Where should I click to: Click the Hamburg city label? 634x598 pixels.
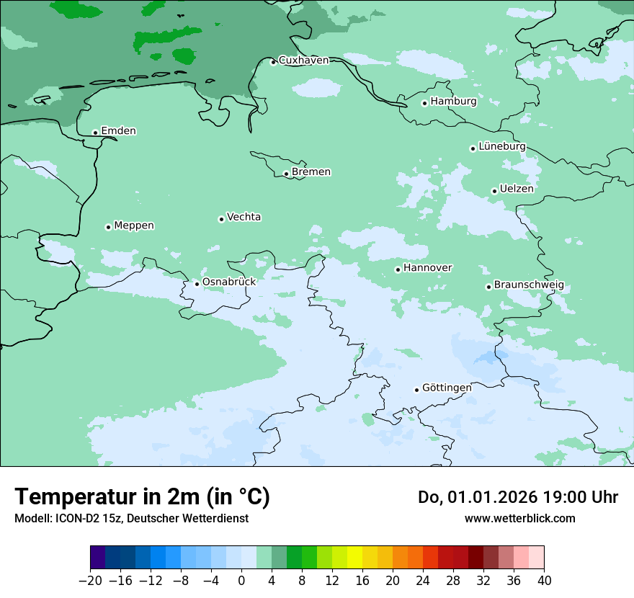pyautogui.click(x=453, y=102)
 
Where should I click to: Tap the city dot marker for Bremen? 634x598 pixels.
pyautogui.click(x=286, y=174)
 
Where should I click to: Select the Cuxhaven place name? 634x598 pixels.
pyautogui.click(x=303, y=61)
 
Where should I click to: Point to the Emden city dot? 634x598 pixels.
pyautogui.click(x=95, y=133)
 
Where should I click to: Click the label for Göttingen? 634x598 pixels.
pyautogui.click(x=447, y=388)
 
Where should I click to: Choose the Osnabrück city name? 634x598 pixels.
pyautogui.click(x=228, y=282)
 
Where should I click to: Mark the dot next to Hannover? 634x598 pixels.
pyautogui.click(x=398, y=269)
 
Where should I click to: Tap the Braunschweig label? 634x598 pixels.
pyautogui.click(x=529, y=285)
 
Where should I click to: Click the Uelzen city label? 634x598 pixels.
pyautogui.click(x=517, y=189)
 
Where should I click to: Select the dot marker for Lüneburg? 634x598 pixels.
pyautogui.click(x=473, y=148)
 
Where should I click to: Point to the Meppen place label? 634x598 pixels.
pyautogui.click(x=134, y=226)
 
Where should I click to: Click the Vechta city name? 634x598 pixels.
pyautogui.click(x=244, y=217)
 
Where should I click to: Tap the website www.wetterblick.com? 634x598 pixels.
pyautogui.click(x=519, y=518)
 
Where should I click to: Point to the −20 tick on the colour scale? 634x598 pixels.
pyautogui.click(x=90, y=581)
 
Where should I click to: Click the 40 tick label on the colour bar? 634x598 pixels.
pyautogui.click(x=544, y=581)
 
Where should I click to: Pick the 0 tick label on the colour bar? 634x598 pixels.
pyautogui.click(x=241, y=581)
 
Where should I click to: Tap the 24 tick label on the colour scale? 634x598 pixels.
pyautogui.click(x=423, y=581)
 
